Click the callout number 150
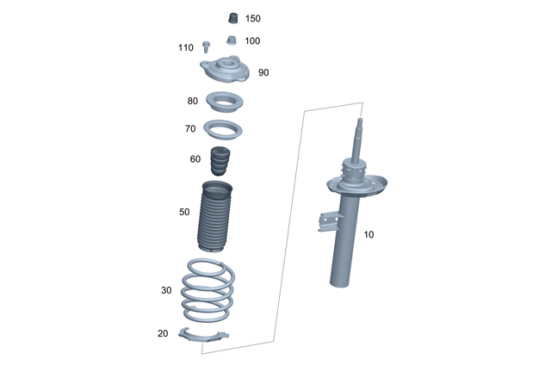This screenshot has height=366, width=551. [x=252, y=18]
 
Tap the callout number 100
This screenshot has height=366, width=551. [x=252, y=40]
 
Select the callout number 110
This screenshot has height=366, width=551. [x=186, y=47]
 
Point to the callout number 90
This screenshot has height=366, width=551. [x=263, y=72]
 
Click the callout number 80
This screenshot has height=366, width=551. [x=192, y=101]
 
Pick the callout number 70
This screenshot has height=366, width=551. [x=190, y=129]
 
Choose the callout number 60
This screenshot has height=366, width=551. [x=195, y=158]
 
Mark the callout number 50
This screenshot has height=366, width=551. [x=184, y=211]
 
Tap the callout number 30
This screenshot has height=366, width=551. [x=166, y=290]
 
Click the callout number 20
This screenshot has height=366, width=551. [x=163, y=334]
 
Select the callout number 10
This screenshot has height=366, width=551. [x=368, y=234]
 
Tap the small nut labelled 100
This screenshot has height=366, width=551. [x=231, y=40]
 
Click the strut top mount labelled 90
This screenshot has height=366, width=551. [x=226, y=70]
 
